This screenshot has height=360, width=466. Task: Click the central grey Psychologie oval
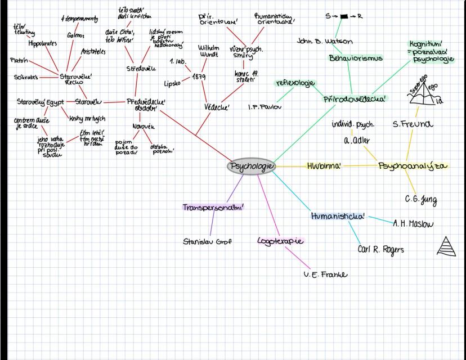pos(252,167)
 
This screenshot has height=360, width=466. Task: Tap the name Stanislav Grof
pos(208,242)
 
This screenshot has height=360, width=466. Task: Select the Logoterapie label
pos(280,241)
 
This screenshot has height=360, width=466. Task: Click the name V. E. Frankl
pos(325,274)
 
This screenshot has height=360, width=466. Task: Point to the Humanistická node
pos(338,215)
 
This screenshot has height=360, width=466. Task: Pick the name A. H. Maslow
pos(413,223)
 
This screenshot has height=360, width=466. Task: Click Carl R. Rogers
pos(380,249)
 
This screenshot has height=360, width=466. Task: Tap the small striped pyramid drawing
pos(446,246)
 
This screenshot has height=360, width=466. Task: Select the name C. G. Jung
pos(420,199)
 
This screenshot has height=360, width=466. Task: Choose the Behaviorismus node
pos(356,58)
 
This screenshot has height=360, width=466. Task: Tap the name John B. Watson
pos(325,41)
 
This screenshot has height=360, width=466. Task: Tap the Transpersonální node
pos(216,207)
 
